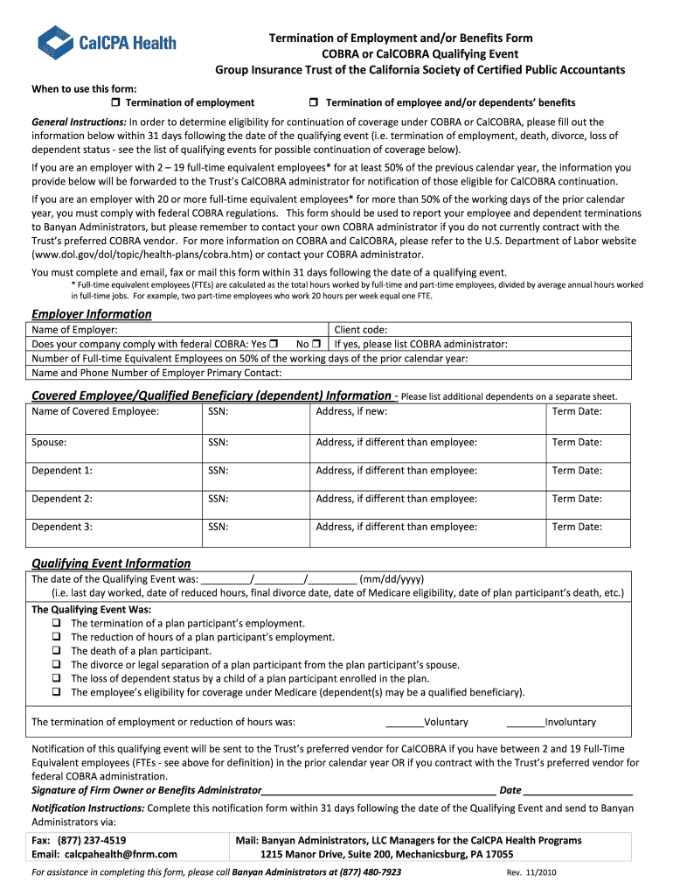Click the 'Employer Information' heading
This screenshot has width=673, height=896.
tap(91, 314)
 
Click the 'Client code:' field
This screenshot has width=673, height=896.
tap(481, 330)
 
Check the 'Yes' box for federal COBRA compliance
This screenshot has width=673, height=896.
tap(274, 344)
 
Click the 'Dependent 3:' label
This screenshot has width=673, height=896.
tap(62, 527)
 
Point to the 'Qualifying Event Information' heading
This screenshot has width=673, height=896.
tap(111, 563)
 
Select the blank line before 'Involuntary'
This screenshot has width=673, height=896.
tap(525, 723)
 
